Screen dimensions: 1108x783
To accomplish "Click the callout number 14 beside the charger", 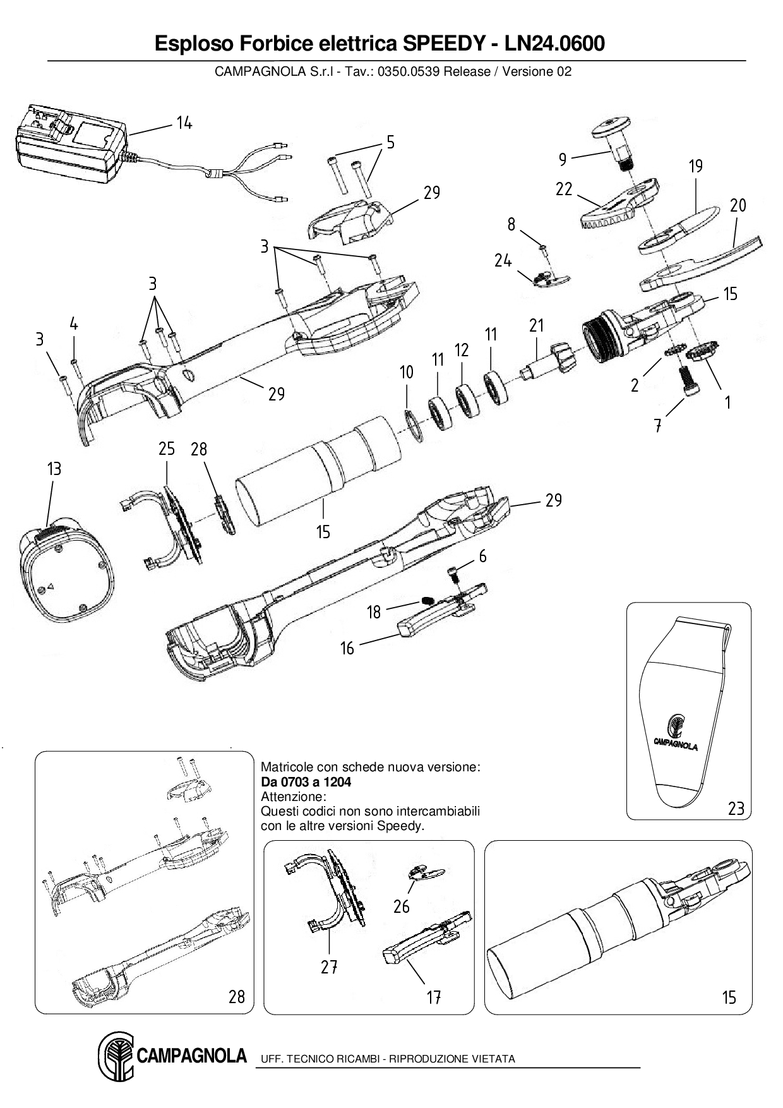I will tap(184, 123).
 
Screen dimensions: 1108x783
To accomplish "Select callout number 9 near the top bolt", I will tap(562, 160).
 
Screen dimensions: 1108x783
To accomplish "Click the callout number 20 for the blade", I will tap(738, 205).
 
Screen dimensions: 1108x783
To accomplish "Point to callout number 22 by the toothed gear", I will tap(564, 188).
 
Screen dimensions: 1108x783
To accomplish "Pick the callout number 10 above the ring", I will tap(407, 372).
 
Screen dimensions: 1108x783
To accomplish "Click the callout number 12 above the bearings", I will tap(462, 350).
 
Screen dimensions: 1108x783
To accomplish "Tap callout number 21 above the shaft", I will tap(536, 326).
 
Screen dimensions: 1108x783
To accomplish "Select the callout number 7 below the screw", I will tap(658, 426).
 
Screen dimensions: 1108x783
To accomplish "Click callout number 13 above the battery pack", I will tap(54, 469).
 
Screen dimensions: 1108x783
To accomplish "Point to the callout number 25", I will tap(167, 449).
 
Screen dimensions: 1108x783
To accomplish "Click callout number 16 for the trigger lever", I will tap(347, 648).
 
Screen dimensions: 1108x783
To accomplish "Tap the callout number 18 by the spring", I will tap(374, 612).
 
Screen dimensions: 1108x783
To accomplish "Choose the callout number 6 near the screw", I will tap(483, 556).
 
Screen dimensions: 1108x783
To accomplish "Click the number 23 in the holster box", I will tap(736, 808).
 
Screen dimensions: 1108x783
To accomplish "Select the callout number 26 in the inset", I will tap(402, 906).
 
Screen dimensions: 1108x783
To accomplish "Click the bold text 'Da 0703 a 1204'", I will tap(306, 781).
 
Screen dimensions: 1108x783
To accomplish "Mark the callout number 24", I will tap(503, 260).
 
